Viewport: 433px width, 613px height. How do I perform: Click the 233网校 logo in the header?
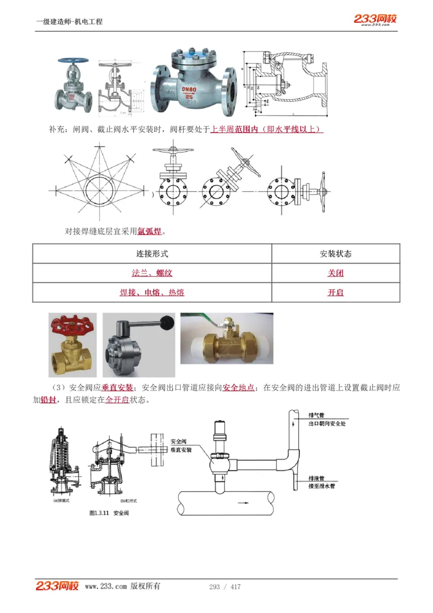coord(375,19)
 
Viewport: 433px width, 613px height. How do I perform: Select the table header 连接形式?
coord(152,253)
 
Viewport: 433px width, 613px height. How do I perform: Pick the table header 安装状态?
coord(336,253)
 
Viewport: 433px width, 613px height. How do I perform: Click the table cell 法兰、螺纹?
coord(152,273)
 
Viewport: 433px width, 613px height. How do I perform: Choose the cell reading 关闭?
coord(336,273)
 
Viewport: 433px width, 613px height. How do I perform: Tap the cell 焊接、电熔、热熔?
coord(152,292)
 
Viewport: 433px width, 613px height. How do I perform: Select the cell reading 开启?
coord(336,292)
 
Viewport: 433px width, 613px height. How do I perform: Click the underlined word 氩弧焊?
coord(150,232)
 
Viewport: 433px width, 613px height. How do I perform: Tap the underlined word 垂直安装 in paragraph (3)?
coord(117,388)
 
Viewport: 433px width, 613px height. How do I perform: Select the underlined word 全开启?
coord(117,401)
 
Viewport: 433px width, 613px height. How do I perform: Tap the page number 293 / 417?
coord(225,586)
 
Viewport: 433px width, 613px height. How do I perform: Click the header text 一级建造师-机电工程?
coord(69,22)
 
